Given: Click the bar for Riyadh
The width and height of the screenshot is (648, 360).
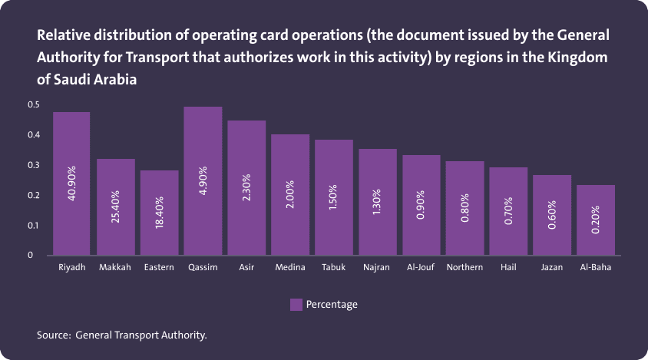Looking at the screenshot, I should (71, 183).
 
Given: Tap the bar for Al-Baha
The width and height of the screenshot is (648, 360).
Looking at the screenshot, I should (596, 220).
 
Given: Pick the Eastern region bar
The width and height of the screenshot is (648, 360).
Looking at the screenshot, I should (159, 213).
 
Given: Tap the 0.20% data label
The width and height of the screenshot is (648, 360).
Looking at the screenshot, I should (596, 221).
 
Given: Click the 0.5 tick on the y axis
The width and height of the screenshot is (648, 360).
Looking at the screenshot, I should (33, 104).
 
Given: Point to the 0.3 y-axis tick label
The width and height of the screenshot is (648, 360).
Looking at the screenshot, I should (33, 165).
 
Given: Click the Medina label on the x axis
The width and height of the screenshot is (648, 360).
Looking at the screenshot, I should (290, 268).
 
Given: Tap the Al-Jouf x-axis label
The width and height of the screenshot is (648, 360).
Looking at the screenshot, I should (422, 268).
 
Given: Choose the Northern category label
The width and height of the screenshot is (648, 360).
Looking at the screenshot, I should (465, 268).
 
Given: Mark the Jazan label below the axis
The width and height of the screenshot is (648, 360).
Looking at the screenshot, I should (551, 268).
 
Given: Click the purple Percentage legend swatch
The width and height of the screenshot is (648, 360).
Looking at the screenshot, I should (296, 305).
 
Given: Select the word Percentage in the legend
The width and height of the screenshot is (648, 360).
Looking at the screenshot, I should (332, 305).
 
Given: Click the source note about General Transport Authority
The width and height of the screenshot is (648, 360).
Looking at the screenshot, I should (122, 335).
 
